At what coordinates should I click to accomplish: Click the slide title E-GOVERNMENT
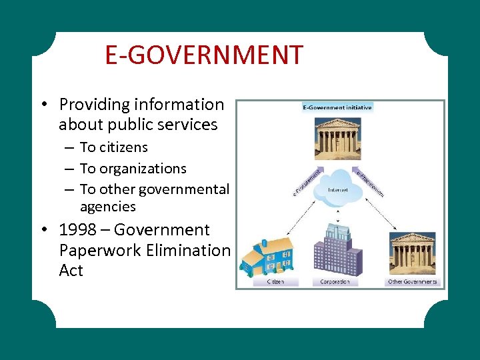click(x=204, y=55)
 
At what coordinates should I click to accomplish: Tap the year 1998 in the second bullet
click(x=77, y=230)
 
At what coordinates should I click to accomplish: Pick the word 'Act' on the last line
click(x=71, y=271)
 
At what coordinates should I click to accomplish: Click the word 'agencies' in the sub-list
click(x=107, y=207)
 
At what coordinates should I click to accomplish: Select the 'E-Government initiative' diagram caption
click(x=337, y=107)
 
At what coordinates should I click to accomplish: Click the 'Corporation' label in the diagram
click(x=335, y=282)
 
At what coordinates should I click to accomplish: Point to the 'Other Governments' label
click(x=412, y=282)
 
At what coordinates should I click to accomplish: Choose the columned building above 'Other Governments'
click(x=412, y=254)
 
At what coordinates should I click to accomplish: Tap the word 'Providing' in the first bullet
click(x=94, y=105)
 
